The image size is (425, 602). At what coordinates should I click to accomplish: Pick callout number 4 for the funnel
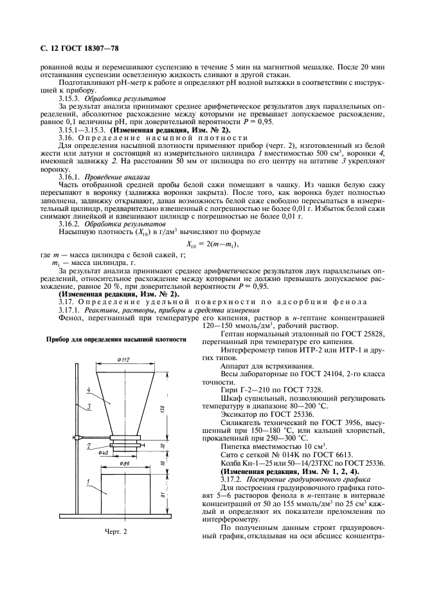(87, 389)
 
